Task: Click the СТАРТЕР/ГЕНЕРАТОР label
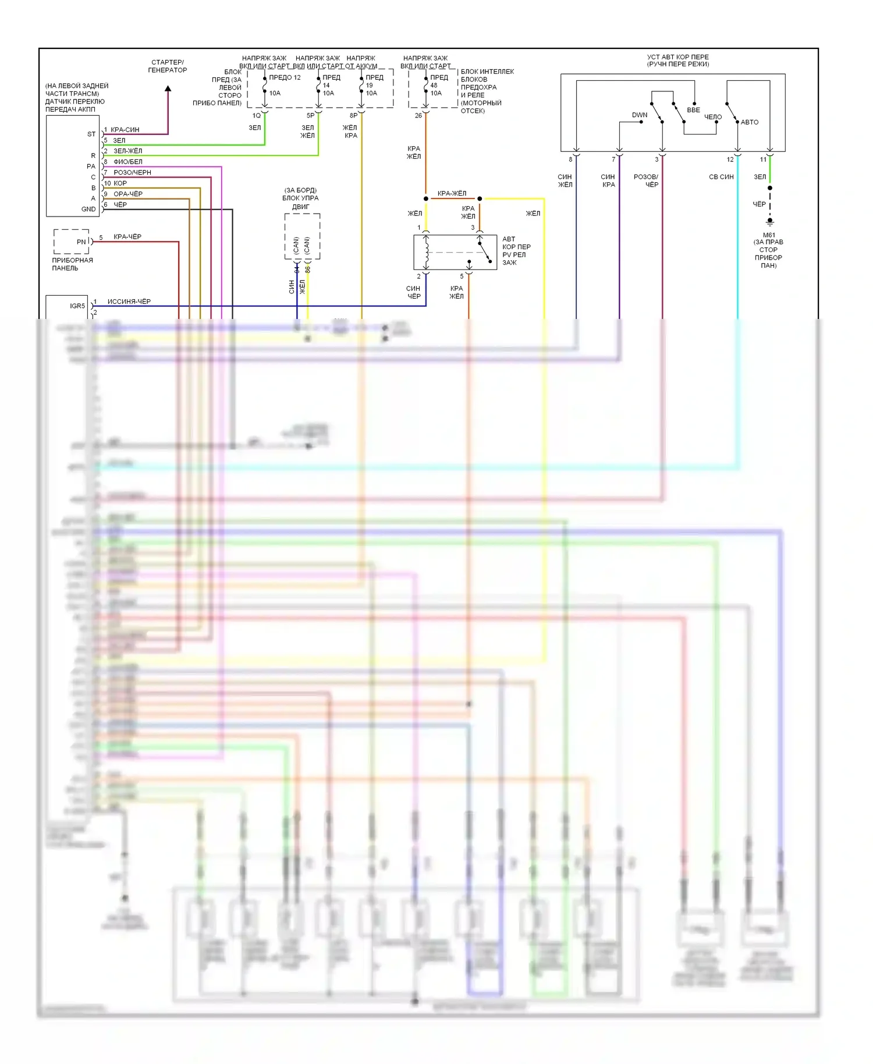point(168,66)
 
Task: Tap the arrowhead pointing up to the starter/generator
point(168,89)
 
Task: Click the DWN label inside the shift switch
point(640,115)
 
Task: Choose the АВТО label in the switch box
point(750,122)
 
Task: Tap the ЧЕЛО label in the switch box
point(713,117)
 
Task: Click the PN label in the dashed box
point(81,242)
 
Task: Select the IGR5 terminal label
point(77,306)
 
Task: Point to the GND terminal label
point(88,210)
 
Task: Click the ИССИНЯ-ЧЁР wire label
point(129,302)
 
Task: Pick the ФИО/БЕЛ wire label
point(128,162)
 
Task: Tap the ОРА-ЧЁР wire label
point(128,194)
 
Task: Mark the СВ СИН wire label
point(721,177)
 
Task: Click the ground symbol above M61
point(770,222)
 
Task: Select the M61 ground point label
point(769,235)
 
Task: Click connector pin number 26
point(418,116)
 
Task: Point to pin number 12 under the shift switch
point(730,159)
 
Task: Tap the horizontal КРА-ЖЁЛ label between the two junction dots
point(452,193)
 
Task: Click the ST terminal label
point(91,134)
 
